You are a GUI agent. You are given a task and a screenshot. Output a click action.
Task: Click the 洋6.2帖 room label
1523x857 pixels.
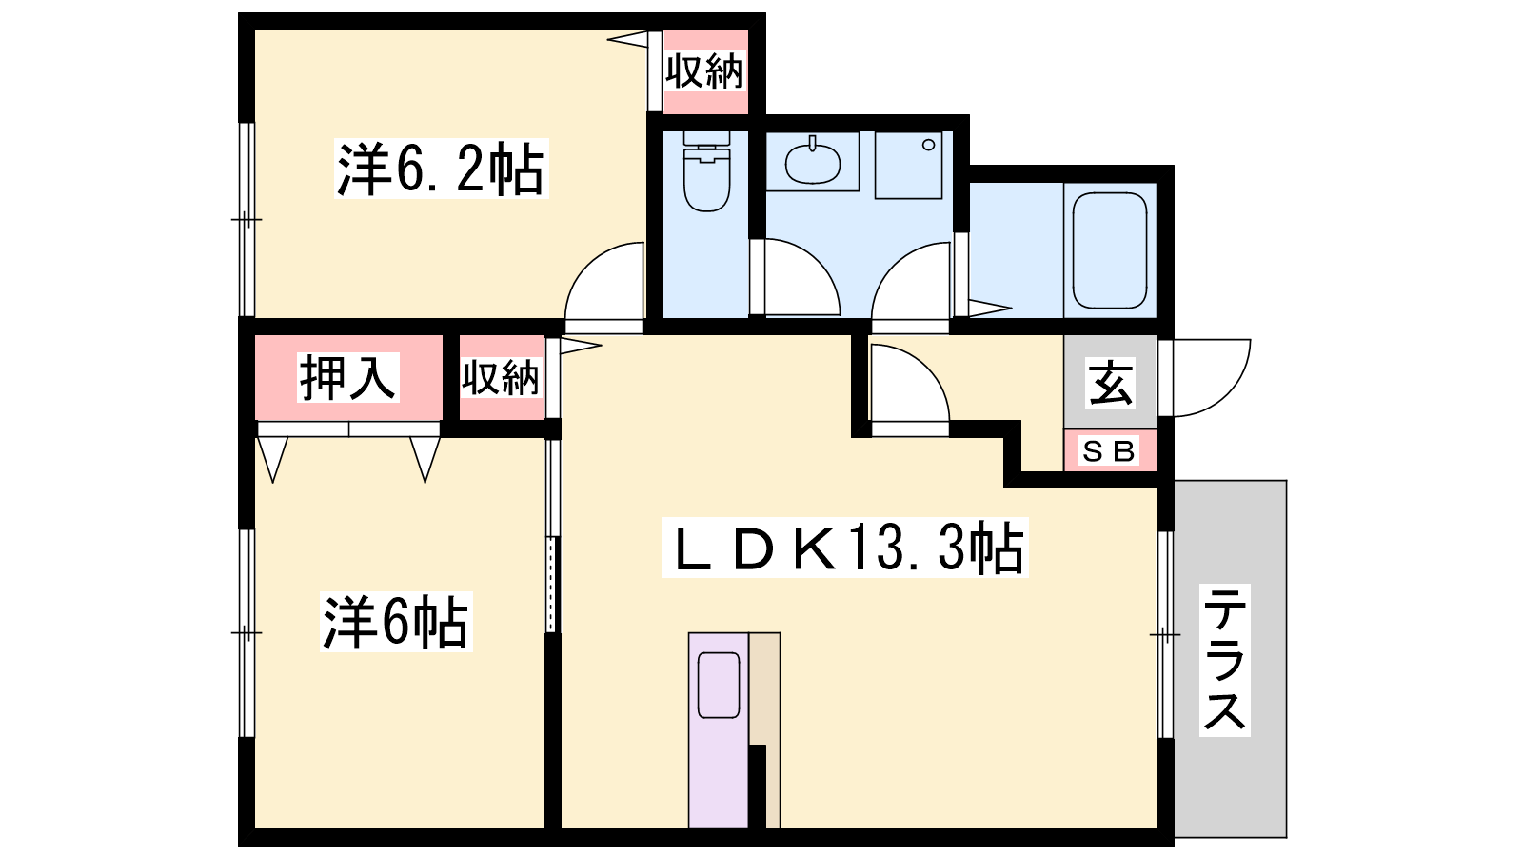tap(441, 168)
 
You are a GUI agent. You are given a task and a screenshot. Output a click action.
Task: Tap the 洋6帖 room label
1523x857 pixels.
tap(396, 623)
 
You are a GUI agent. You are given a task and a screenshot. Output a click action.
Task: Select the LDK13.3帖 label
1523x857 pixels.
tap(844, 548)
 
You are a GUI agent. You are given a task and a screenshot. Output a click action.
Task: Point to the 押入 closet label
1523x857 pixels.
tap(347, 377)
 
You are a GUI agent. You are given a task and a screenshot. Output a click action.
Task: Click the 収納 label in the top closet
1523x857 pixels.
tap(704, 71)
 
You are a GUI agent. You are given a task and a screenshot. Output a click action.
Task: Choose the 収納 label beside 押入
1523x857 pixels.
tap(501, 378)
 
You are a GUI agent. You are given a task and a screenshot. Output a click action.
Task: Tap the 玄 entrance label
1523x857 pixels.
tap(1111, 384)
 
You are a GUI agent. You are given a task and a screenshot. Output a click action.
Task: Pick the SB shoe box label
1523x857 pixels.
tap(1109, 451)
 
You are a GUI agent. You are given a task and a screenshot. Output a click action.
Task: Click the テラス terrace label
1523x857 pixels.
tap(1225, 660)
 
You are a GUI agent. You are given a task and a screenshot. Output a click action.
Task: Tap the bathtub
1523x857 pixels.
tap(1110, 250)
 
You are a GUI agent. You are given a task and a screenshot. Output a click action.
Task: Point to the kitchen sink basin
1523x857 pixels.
tap(719, 685)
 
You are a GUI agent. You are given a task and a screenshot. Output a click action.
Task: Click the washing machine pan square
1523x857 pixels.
tap(908, 166)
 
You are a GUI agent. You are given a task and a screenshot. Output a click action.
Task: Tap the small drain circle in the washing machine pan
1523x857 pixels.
tap(929, 145)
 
